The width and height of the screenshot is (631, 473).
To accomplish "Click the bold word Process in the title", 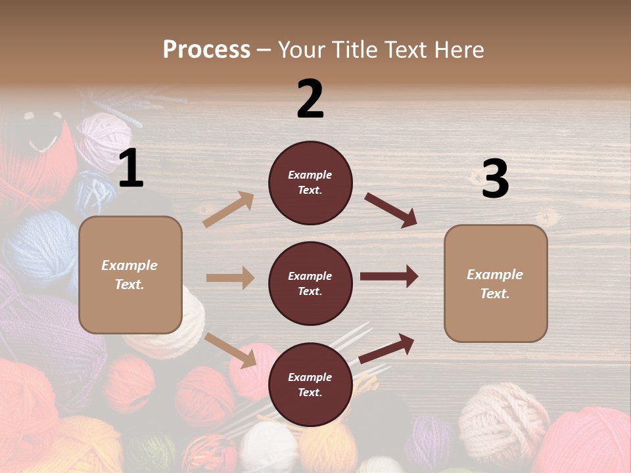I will click(206, 49).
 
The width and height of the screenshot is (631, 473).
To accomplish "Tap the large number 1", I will click(131, 169).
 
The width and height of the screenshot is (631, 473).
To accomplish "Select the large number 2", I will click(310, 99).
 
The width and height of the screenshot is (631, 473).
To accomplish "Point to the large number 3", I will click(495, 179).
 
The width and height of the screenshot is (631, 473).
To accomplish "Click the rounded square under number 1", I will click(130, 275).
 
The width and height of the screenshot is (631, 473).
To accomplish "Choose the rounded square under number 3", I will click(496, 283).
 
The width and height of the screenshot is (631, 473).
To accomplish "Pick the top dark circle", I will click(310, 183).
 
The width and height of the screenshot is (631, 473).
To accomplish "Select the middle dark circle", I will click(310, 283).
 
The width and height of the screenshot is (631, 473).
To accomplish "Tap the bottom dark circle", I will click(310, 384).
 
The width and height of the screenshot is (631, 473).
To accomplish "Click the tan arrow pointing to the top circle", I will click(229, 210).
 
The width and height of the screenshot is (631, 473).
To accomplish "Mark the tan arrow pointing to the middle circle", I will click(230, 278).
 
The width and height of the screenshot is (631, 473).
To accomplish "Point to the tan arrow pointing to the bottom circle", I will click(231, 350).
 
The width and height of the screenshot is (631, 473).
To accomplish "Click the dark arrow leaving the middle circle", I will click(389, 277).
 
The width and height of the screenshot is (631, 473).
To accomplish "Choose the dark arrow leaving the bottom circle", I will click(386, 349).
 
